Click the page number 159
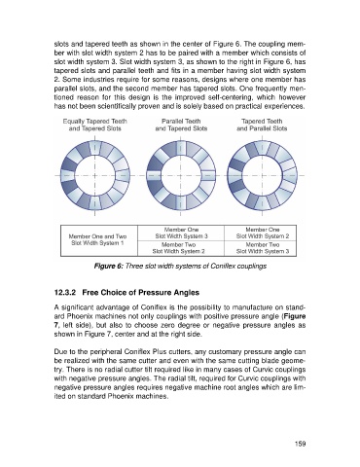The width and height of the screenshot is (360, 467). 301,444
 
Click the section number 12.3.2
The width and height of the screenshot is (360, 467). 65,293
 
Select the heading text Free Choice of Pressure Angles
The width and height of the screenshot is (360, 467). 141,293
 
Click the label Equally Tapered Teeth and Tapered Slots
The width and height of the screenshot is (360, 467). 95,125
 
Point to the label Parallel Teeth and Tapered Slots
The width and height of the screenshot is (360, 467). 181,125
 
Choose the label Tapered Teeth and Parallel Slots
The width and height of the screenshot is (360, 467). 262,125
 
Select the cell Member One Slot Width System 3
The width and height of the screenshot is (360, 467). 181,233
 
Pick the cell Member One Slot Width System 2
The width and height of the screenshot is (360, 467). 262,233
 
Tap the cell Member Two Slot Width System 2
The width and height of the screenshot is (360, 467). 181,248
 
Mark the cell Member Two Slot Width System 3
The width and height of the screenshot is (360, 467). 262,248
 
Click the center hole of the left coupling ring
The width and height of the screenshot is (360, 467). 95,175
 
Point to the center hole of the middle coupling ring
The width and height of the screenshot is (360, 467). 181,175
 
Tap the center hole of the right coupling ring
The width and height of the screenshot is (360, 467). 262,175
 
